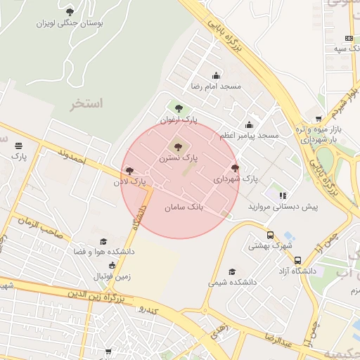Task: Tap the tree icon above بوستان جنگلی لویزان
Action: coord(69,11)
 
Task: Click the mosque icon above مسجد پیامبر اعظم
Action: coord(249,124)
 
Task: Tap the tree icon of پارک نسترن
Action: coord(177,147)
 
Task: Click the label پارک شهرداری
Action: coord(236,179)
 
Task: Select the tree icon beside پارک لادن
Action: coord(129,170)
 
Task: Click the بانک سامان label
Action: coord(184,208)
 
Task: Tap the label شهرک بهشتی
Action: coord(270,246)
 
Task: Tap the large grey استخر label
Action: coord(86,103)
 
